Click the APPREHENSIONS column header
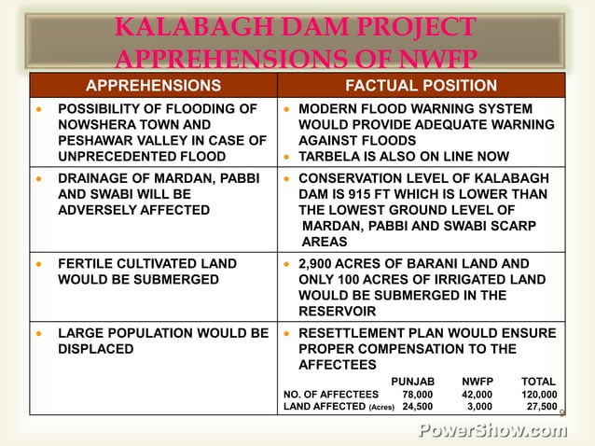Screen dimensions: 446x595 tap(153, 86)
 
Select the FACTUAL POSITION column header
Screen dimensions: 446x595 tap(421, 86)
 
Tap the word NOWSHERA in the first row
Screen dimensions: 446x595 tap(94, 124)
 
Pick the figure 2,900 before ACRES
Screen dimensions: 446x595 tap(318, 264)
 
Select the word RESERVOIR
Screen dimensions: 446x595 tap(338, 312)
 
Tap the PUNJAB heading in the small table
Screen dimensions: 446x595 tap(412, 382)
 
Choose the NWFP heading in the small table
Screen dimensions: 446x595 tap(477, 382)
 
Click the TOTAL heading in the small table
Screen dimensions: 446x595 tap(538, 382)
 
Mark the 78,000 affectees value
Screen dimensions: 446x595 tap(417, 395)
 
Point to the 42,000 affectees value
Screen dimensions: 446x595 tap(477, 395)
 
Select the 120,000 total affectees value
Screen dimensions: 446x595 tap(539, 395)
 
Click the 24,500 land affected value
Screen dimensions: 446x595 tap(417, 407)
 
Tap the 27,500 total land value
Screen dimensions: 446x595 tap(542, 407)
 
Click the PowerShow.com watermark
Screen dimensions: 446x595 tap(492, 431)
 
